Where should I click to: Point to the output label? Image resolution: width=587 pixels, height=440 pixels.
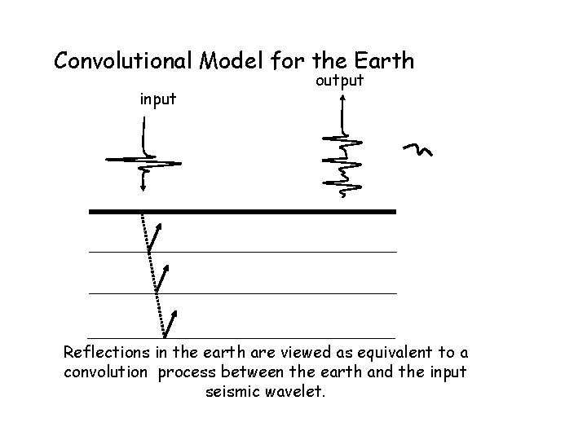[x=339, y=82]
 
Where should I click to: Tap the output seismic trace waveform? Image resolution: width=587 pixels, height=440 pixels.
[x=343, y=163]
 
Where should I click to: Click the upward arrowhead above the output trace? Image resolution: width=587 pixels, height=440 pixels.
[x=342, y=98]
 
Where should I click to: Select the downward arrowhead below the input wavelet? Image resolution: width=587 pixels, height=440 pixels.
[x=143, y=187]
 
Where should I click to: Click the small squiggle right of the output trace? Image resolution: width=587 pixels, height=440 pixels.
[x=417, y=149]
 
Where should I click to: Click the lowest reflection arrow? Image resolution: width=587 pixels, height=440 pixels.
[x=171, y=322]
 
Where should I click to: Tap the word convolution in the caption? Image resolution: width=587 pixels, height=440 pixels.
[x=104, y=373]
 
